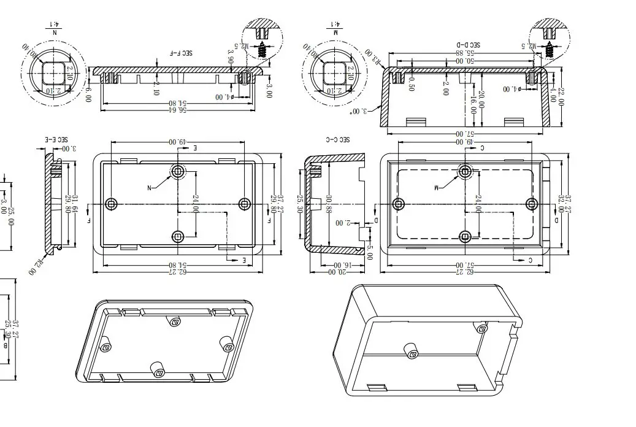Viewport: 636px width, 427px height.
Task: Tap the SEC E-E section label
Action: tap(55, 140)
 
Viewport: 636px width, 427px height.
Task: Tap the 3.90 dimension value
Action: tap(231, 60)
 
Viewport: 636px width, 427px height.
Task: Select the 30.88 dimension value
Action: tap(330, 204)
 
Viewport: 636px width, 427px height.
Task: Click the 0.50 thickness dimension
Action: tap(411, 83)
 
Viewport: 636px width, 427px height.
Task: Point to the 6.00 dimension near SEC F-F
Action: tap(88, 94)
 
